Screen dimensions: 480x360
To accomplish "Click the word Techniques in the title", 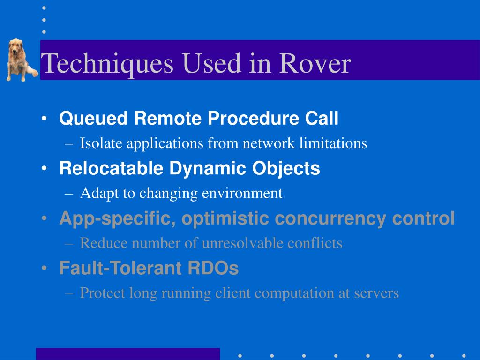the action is point(107,64).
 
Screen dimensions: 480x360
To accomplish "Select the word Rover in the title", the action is point(315,63).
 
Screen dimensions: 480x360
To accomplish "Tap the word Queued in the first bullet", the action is point(93,119).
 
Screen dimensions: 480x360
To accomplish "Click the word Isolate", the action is point(101,143).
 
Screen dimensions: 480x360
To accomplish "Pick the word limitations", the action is point(333,143).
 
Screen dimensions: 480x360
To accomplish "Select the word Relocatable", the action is point(111,168).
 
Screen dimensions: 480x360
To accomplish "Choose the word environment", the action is point(242,193).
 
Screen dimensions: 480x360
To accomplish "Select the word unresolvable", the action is point(242,243).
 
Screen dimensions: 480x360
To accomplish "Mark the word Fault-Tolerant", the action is point(121,268).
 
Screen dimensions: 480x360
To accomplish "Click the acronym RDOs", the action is point(213,268).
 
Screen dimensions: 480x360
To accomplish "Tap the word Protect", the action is point(103,293).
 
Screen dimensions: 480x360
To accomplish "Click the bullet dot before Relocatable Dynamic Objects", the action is point(45,168).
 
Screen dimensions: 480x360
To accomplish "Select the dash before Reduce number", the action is point(69,244).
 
